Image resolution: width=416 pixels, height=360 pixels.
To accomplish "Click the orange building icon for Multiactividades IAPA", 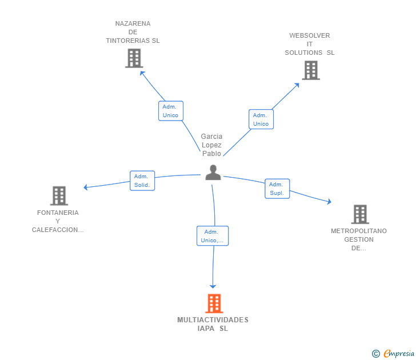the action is (214, 303).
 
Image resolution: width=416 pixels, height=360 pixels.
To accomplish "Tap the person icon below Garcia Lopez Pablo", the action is (213, 173).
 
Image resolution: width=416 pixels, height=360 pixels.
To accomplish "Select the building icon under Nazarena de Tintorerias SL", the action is (134, 58).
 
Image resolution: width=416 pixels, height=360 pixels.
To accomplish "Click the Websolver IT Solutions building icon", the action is (311, 70).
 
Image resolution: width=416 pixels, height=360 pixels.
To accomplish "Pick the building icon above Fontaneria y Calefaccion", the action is (59, 196).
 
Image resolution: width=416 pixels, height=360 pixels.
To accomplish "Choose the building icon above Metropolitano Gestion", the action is (360, 214).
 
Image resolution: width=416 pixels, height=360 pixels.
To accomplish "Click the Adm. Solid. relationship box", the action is (142, 181).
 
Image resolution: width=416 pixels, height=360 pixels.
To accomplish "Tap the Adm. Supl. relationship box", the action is (277, 189).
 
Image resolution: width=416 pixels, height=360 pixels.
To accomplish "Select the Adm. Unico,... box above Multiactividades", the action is (213, 236).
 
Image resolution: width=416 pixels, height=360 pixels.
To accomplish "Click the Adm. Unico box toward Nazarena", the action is (171, 111).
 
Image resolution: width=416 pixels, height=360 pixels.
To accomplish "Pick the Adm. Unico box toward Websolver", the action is (261, 119).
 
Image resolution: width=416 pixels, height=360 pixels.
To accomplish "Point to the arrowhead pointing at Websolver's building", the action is (298, 85).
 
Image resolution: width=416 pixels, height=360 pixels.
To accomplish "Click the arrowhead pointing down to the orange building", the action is (213, 287).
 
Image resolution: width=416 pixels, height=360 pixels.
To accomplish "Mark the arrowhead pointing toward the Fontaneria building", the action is (86, 187).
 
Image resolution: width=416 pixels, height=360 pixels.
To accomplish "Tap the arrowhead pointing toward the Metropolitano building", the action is (330, 202).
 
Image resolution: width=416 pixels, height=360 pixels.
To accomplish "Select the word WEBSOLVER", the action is (310, 35).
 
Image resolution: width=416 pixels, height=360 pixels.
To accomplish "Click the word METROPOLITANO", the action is (359, 231).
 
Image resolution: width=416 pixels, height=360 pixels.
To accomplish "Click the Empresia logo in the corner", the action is (393, 354).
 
